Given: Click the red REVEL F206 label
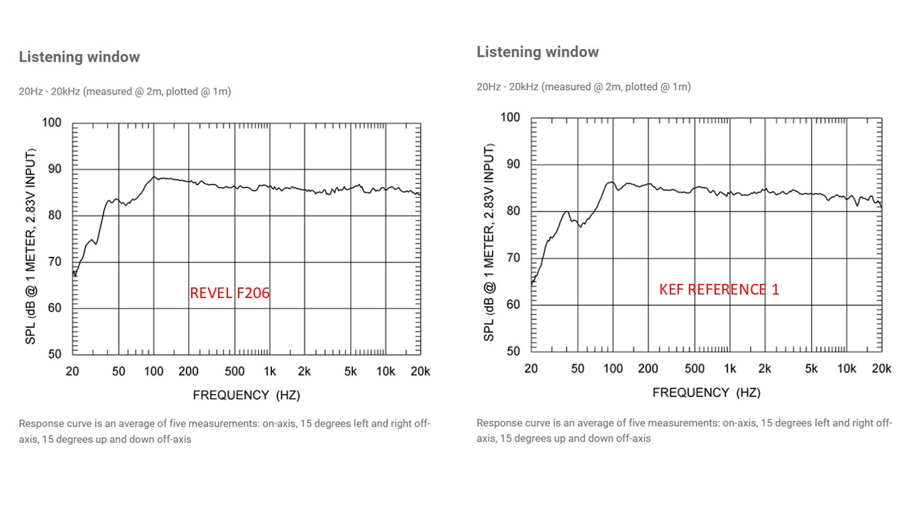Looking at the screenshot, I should (229, 292).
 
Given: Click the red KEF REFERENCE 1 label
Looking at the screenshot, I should (719, 290).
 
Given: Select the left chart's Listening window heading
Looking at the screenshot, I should (80, 57).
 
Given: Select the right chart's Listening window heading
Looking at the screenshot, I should (538, 52).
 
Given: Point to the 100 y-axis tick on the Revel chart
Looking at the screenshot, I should (52, 123).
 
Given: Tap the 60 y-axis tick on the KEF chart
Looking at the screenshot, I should (513, 304).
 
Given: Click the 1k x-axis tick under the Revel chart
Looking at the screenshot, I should (270, 371).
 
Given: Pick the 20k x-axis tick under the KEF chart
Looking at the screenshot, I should (881, 368).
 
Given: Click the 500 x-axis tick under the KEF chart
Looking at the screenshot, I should (694, 368).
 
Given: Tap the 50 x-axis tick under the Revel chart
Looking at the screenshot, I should (119, 371).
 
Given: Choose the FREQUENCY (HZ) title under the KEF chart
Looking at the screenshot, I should (706, 392).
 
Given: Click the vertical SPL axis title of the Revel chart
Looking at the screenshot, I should (31, 246).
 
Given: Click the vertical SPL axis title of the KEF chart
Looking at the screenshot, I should (489, 242).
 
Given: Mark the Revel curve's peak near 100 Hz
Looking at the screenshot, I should (155, 177).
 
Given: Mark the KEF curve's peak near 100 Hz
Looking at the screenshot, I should (611, 182).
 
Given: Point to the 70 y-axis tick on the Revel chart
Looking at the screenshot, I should (55, 262).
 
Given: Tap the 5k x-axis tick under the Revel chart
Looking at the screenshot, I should (350, 371).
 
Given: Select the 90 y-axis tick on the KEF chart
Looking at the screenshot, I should (513, 164).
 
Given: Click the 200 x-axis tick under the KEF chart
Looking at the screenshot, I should (648, 368).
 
